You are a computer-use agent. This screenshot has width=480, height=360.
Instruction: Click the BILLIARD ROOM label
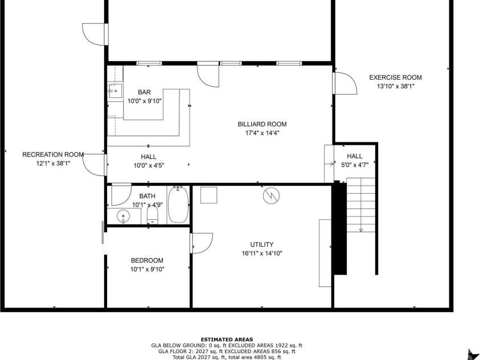[x=262, y=124]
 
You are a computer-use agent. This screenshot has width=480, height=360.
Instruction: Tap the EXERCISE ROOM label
[x=395, y=77]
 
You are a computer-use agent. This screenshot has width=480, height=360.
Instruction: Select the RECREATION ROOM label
[x=53, y=154]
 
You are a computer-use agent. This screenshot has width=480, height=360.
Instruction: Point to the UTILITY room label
[x=262, y=244]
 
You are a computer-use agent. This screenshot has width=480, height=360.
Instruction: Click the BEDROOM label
[x=147, y=260]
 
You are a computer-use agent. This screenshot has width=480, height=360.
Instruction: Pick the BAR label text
[x=144, y=92]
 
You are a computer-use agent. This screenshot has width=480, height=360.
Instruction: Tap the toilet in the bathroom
[x=152, y=215]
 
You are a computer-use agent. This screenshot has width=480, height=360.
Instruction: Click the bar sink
[x=116, y=91]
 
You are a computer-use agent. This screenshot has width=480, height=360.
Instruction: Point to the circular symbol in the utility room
[x=272, y=195]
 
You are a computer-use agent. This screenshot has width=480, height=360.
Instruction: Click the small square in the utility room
[x=209, y=194]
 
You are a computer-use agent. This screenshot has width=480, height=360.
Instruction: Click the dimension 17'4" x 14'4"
[x=262, y=133]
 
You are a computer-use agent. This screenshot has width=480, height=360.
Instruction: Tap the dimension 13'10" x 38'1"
[x=395, y=87]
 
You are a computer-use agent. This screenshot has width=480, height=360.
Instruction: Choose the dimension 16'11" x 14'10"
[x=262, y=253]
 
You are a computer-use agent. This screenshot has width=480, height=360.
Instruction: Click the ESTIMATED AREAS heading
[x=227, y=339]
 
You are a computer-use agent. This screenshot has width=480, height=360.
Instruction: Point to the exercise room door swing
[x=345, y=84]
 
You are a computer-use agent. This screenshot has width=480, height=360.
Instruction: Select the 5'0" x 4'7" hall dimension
[x=355, y=165]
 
